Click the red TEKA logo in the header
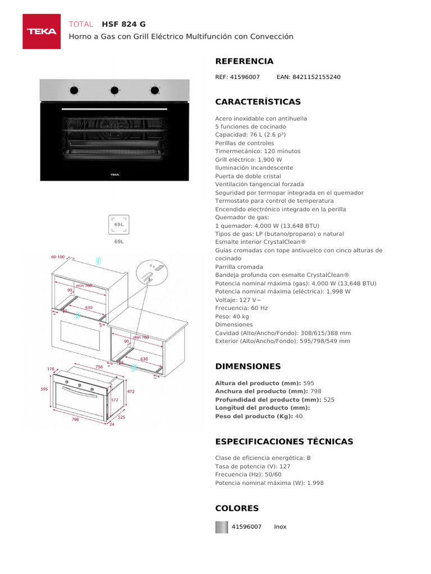pyautogui.click(x=42, y=31)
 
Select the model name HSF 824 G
pyautogui.click(x=123, y=24)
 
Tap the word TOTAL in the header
pyautogui.click(x=81, y=24)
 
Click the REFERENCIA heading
pyautogui.click(x=244, y=61)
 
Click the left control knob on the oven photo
pyautogui.click(x=74, y=90)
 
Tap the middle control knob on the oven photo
pyautogui.click(x=114, y=90)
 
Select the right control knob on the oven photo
pyautogui.click(x=154, y=90)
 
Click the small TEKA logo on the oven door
pyautogui.click(x=114, y=174)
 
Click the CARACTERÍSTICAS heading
pyautogui.click(x=258, y=102)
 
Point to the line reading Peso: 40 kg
pyautogui.click(x=232, y=316)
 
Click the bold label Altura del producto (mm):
pyautogui.click(x=258, y=383)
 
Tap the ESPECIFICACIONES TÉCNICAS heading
pyautogui.click(x=284, y=442)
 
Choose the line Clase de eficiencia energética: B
pyautogui.click(x=263, y=458)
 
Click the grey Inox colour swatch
pyautogui.click(x=222, y=527)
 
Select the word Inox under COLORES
pyautogui.click(x=280, y=527)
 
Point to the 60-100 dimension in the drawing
pyautogui.click(x=58, y=257)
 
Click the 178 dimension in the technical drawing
pyautogui.click(x=51, y=369)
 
